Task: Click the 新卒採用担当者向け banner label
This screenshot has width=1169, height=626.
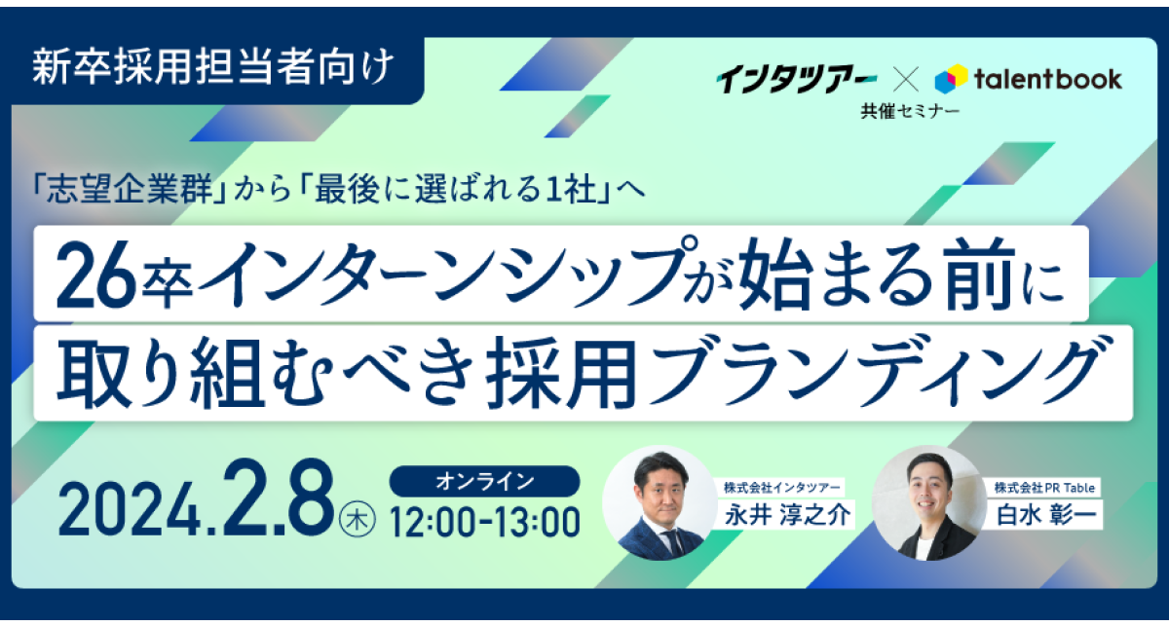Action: (x=213, y=67)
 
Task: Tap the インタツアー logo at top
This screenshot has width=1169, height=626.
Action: (x=796, y=79)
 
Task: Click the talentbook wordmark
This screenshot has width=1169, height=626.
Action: (x=1048, y=79)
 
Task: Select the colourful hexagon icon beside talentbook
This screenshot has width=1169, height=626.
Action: (x=951, y=79)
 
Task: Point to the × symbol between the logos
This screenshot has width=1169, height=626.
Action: (x=906, y=80)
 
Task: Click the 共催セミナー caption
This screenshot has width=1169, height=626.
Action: (x=910, y=111)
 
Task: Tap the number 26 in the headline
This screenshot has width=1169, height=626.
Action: (x=96, y=275)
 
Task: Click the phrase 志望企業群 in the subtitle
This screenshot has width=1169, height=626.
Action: (x=130, y=189)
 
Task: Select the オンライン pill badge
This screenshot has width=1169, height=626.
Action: (x=484, y=481)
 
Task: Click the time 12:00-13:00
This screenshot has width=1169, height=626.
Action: (x=485, y=522)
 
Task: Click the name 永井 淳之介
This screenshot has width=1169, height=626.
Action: (x=787, y=515)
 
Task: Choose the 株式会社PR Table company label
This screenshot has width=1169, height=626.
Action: (x=1044, y=488)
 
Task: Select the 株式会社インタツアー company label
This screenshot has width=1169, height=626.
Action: (x=782, y=488)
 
